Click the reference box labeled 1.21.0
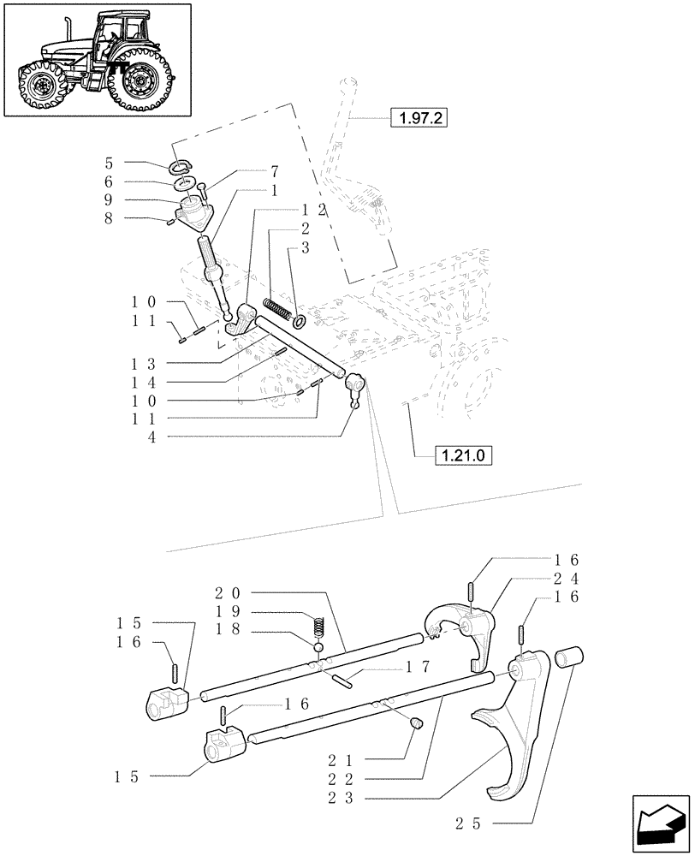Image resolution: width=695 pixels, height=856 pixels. (464, 455)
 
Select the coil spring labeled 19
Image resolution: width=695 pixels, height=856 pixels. (320, 627)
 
